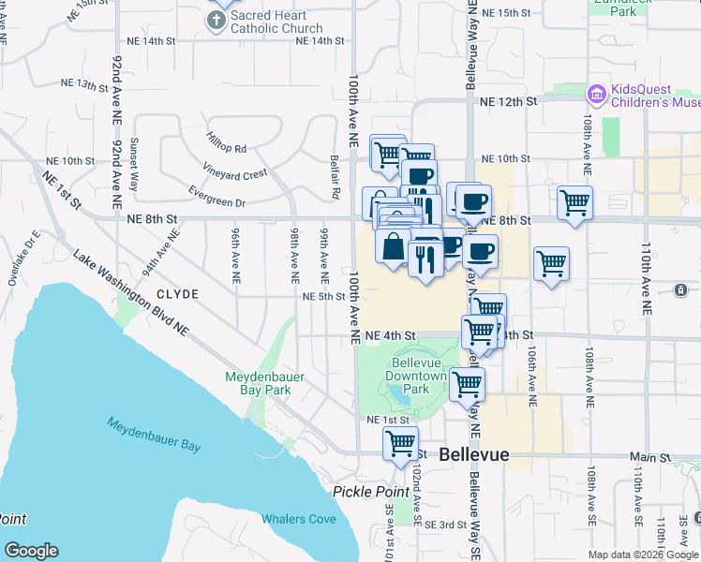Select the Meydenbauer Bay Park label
pyautogui.click(x=264, y=383)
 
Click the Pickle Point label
pyautogui.click(x=367, y=492)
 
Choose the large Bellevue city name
pyautogui.click(x=473, y=454)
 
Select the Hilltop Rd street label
pyautogui.click(x=227, y=149)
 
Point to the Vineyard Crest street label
pyautogui.click(x=235, y=174)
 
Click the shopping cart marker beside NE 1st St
pyautogui.click(x=400, y=444)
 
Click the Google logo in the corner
pyautogui.click(x=31, y=551)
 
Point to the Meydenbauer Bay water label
pyautogui.click(x=153, y=434)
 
